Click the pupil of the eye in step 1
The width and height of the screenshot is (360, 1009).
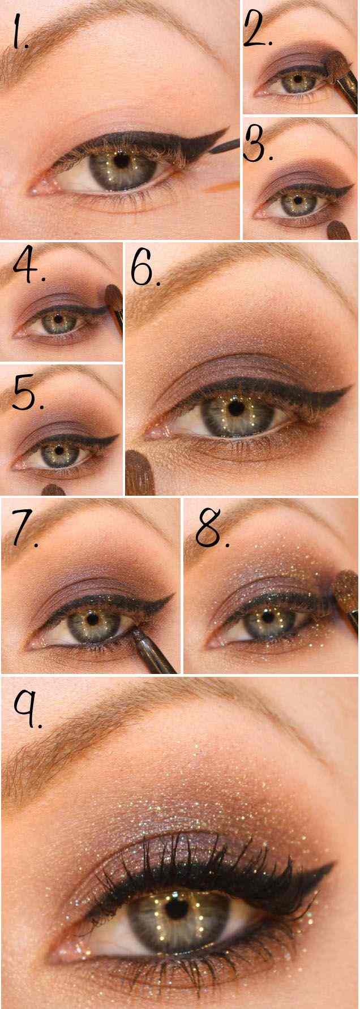pos(122,160)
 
